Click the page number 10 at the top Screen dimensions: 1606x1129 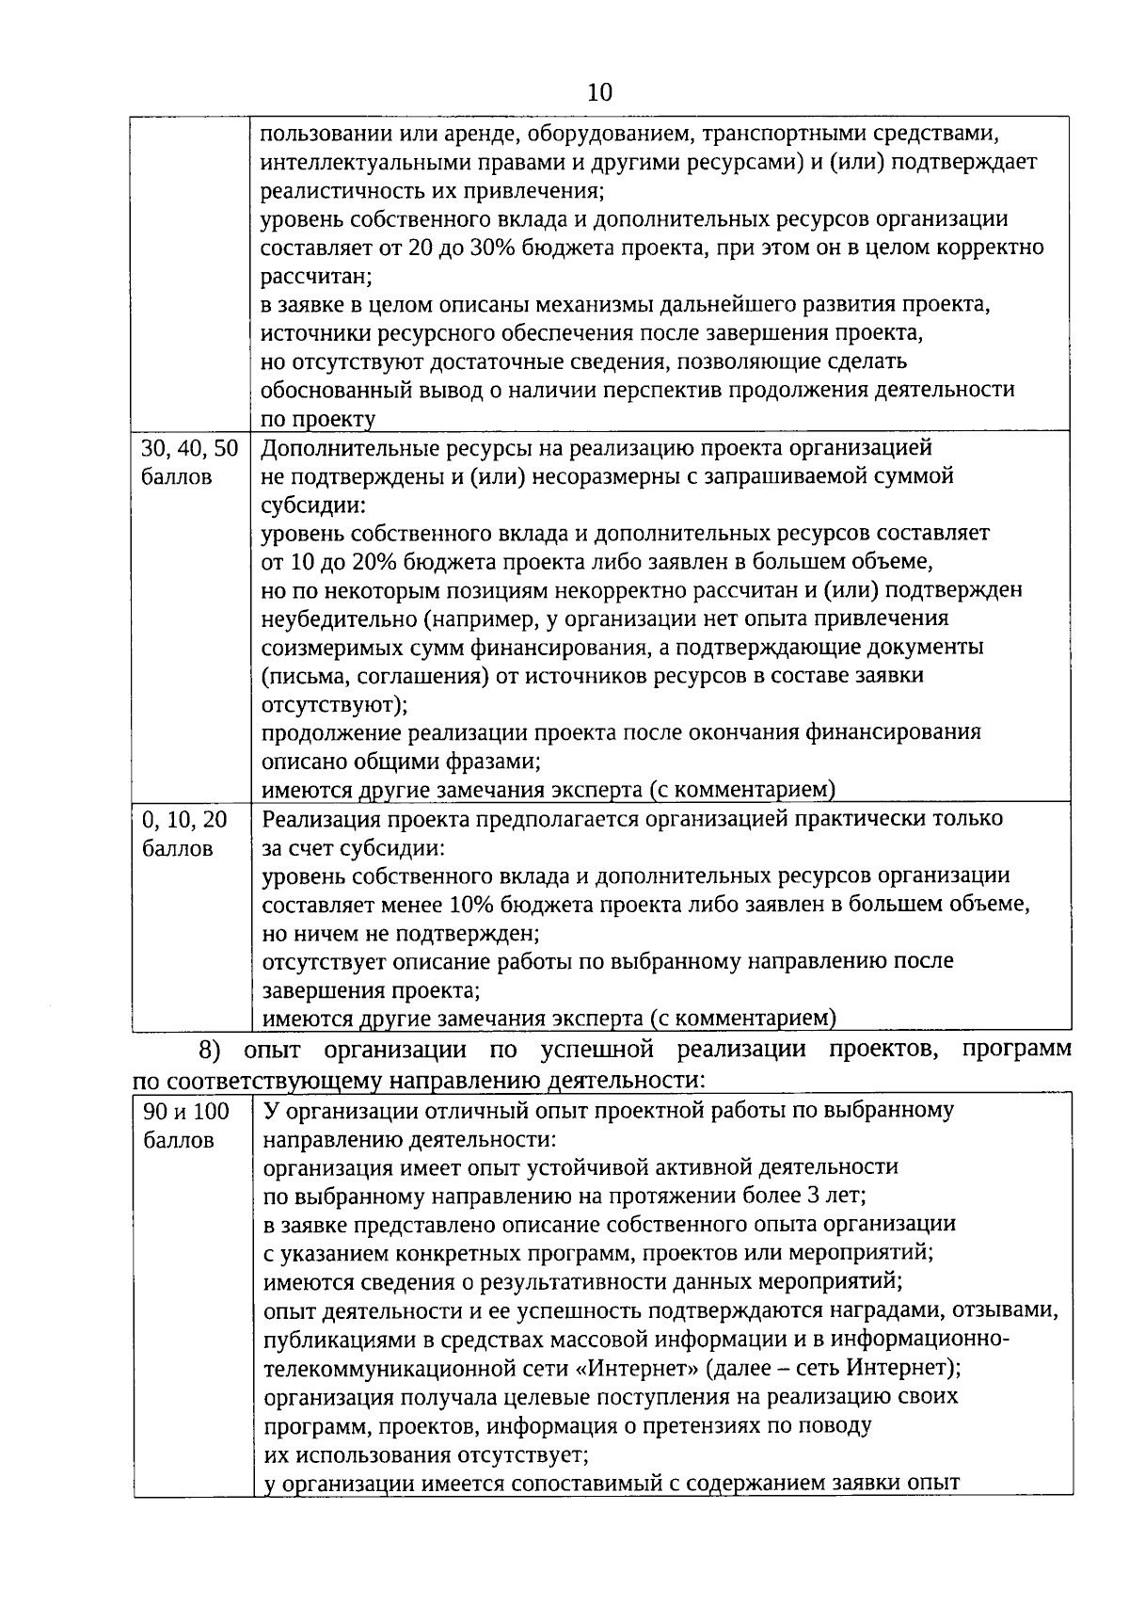(x=599, y=92)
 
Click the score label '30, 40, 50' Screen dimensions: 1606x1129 (x=189, y=448)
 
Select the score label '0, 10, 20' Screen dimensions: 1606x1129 (x=184, y=819)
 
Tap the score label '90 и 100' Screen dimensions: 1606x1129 (x=186, y=1112)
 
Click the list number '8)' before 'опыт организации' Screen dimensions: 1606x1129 (x=214, y=1050)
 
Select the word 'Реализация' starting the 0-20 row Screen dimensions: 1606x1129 (x=314, y=819)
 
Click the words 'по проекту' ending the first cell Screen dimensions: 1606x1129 (x=318, y=420)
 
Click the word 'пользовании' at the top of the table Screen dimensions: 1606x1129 (x=322, y=134)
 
